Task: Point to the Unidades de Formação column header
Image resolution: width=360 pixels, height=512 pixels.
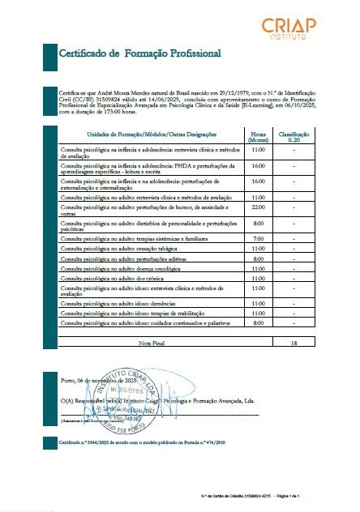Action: click(x=147, y=134)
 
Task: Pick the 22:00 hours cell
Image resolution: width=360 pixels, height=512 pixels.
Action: click(x=259, y=209)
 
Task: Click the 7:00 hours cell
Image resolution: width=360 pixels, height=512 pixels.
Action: click(x=259, y=239)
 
